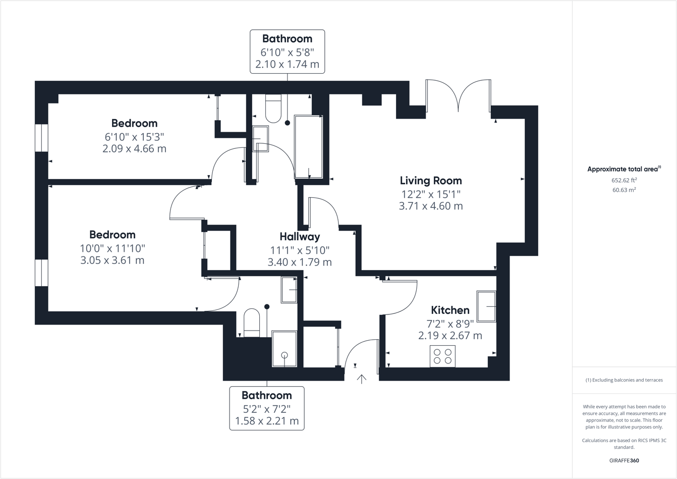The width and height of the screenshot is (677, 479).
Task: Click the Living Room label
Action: (x=430, y=181)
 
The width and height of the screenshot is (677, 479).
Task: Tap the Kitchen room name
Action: (x=450, y=310)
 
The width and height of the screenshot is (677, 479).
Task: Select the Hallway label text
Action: (x=300, y=237)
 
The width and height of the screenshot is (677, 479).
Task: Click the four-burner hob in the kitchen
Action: (x=442, y=356)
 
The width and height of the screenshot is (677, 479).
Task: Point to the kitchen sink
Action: (x=486, y=306)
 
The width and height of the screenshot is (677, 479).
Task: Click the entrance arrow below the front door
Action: (x=362, y=379)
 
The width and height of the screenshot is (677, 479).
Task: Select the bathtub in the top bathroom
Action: (x=308, y=146)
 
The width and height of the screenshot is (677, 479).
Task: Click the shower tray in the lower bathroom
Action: (x=285, y=348)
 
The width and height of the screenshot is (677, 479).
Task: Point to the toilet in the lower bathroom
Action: (x=252, y=323)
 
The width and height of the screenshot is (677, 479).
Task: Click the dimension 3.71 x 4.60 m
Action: (x=430, y=206)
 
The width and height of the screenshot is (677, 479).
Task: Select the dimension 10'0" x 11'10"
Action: (x=112, y=248)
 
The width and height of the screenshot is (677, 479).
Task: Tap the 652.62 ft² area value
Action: (x=624, y=180)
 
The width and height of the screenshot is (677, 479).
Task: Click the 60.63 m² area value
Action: (x=624, y=190)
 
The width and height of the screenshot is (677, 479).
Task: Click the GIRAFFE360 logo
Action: (x=624, y=460)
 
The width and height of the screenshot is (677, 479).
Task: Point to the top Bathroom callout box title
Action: (x=287, y=39)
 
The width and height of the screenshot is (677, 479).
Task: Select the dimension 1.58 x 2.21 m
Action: (x=267, y=421)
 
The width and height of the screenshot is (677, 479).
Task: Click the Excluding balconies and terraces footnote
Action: (x=624, y=380)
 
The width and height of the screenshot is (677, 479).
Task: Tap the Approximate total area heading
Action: (x=624, y=169)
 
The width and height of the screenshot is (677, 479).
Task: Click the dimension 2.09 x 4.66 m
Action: (x=134, y=149)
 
